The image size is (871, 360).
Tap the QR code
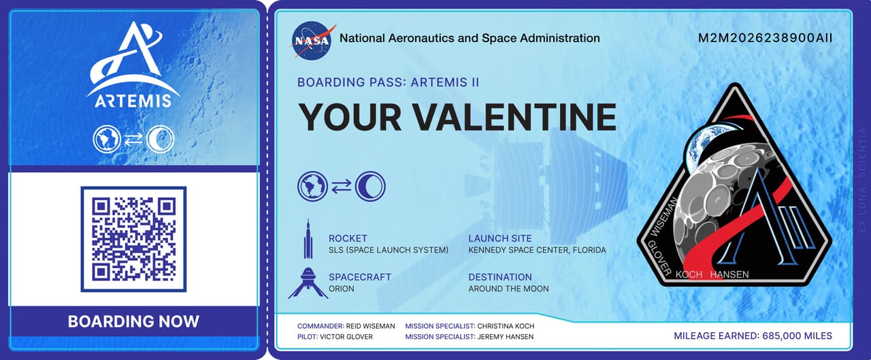133,238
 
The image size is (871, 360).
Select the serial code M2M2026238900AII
765,38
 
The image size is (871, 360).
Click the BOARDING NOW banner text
133,321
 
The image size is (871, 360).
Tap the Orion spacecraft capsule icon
308,282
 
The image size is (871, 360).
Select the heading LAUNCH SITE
500,238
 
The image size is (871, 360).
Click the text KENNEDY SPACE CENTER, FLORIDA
537,250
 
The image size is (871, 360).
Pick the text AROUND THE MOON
508,289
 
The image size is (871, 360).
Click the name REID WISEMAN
371,326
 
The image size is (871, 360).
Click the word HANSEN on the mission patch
729,274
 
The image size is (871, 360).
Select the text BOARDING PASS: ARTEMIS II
388,82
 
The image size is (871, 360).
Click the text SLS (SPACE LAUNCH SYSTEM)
389,250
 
